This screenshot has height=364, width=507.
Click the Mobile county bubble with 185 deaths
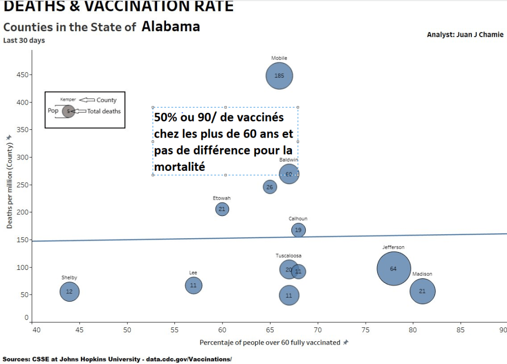(280, 76)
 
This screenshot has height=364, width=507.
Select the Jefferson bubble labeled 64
(394, 268)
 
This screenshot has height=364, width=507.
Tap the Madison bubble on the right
(422, 291)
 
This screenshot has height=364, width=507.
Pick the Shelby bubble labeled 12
(69, 292)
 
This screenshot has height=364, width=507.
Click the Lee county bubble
(193, 285)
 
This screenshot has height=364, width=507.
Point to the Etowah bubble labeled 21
(222, 209)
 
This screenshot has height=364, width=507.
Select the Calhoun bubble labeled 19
(298, 230)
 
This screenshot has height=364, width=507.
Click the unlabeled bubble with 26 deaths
(270, 187)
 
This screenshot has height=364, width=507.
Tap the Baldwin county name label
(288, 160)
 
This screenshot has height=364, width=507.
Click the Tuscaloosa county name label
(288, 256)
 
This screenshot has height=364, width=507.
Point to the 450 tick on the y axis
(22, 75)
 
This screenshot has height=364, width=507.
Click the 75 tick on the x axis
(365, 329)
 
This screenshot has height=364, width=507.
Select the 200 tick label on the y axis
(22, 212)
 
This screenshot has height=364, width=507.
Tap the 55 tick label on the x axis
(175, 329)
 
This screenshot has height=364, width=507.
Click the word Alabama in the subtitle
(170, 27)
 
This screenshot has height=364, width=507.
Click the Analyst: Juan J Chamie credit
(465, 35)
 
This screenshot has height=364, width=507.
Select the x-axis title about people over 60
(270, 342)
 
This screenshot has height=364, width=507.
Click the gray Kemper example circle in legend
(68, 111)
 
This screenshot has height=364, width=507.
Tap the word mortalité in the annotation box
(179, 167)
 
